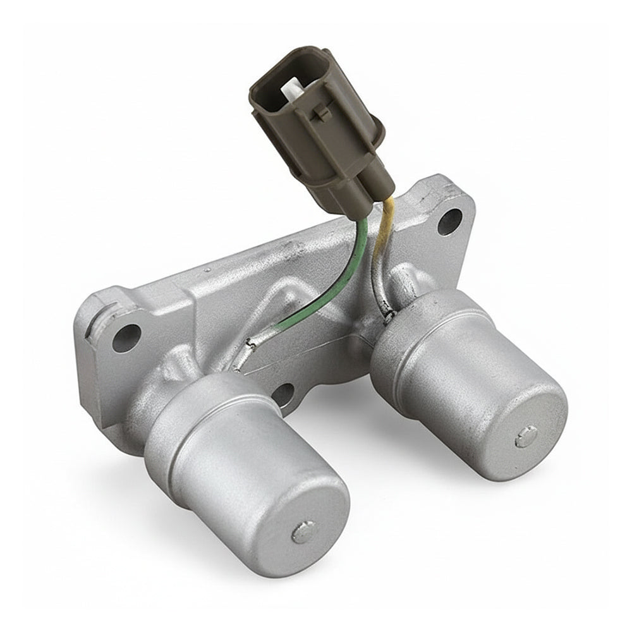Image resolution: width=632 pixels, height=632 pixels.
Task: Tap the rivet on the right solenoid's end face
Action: (525, 437)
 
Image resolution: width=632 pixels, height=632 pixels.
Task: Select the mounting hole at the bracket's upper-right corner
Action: (449, 221)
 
